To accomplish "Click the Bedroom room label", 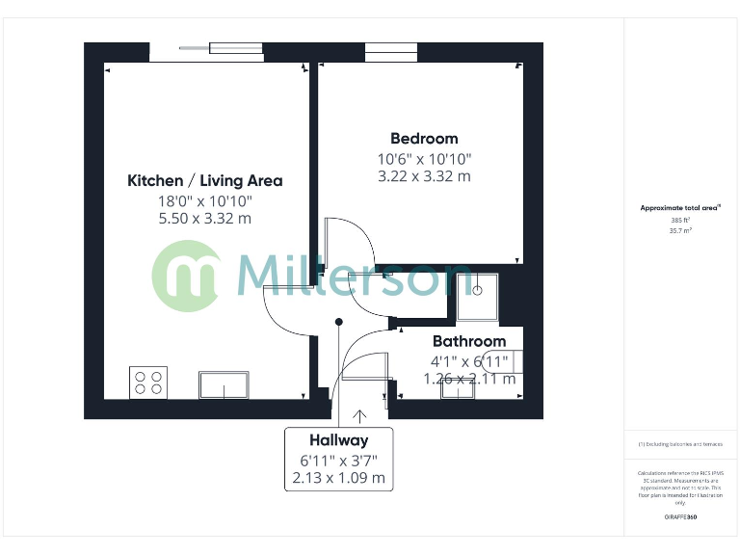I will point(424,138).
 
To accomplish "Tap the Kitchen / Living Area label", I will point(204,180).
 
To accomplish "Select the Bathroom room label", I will point(468,341).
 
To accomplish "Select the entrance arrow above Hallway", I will point(360,416).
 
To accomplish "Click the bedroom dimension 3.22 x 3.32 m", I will point(424,176).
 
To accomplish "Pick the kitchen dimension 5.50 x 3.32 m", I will point(204,219).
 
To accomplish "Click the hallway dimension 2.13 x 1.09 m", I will point(338,478).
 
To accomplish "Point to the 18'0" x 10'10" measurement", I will point(204,200).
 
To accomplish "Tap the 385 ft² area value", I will point(680,220).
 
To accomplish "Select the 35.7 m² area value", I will point(680,230).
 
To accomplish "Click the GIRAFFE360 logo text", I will point(680,517).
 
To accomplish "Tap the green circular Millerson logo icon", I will point(189,276).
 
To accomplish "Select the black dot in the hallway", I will point(338,323).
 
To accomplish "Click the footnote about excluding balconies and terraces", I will point(680,444).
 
